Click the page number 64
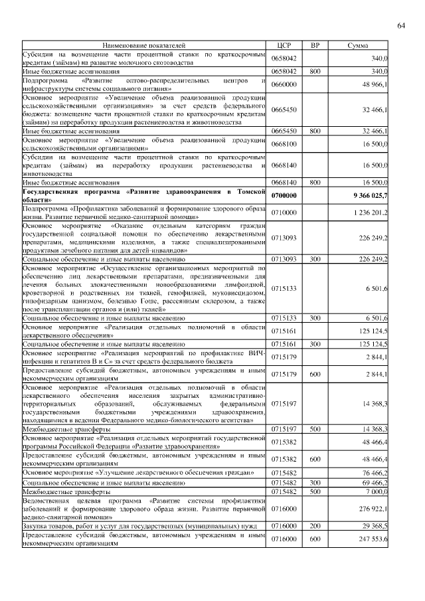click(x=401, y=26)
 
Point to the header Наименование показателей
click(x=145, y=45)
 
